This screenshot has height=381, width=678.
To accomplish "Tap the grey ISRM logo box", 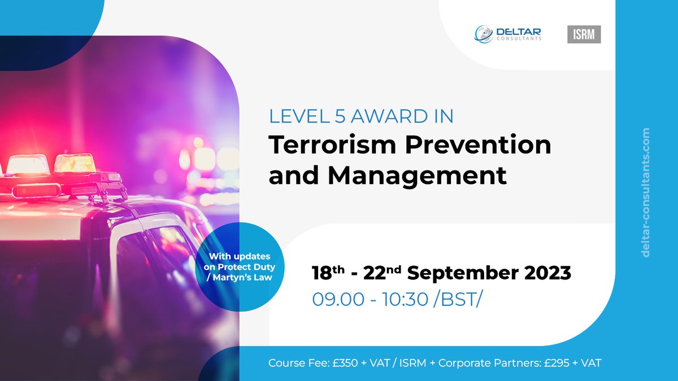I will click(x=584, y=34).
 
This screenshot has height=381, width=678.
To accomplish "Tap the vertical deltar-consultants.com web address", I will click(x=646, y=192).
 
